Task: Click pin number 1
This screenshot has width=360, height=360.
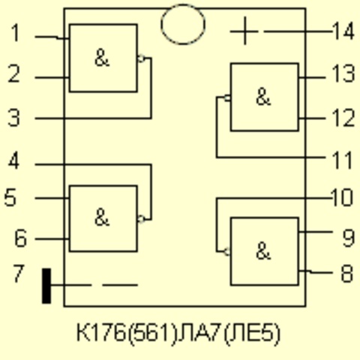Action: (16, 33)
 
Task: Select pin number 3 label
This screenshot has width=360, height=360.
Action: (14, 117)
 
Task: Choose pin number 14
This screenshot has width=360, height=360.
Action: (343, 31)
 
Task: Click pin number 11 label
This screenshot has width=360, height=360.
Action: (341, 160)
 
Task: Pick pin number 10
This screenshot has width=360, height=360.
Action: (342, 197)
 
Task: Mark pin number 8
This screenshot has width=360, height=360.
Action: (347, 274)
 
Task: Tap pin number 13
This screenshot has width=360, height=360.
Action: (343, 73)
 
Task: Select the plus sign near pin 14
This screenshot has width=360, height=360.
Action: (244, 31)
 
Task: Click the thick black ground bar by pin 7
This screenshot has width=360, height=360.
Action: (46, 286)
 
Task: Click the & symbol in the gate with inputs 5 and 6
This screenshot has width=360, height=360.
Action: (102, 217)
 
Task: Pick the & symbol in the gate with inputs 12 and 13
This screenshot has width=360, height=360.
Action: (263, 97)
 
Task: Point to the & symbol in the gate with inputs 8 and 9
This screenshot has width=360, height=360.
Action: (263, 251)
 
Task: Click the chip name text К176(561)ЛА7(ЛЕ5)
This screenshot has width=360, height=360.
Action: (178, 333)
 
